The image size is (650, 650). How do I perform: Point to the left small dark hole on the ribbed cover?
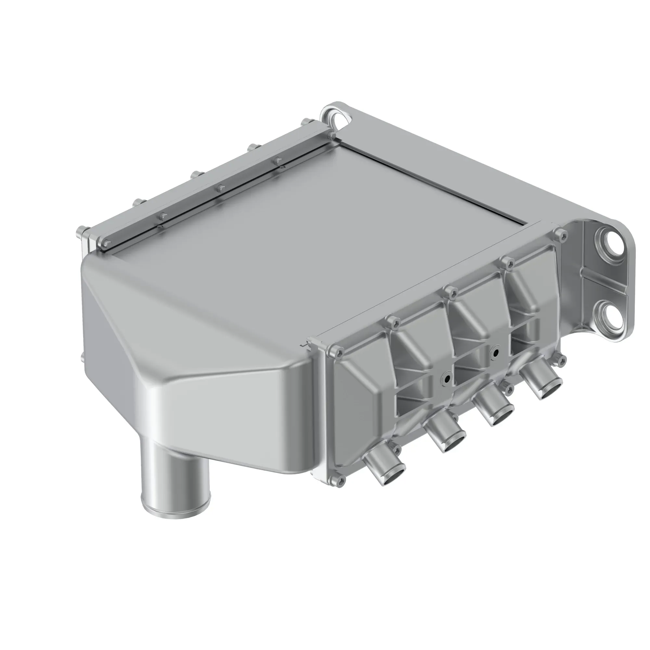coord(447,379)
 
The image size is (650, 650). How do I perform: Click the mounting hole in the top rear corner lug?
coord(340,121)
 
